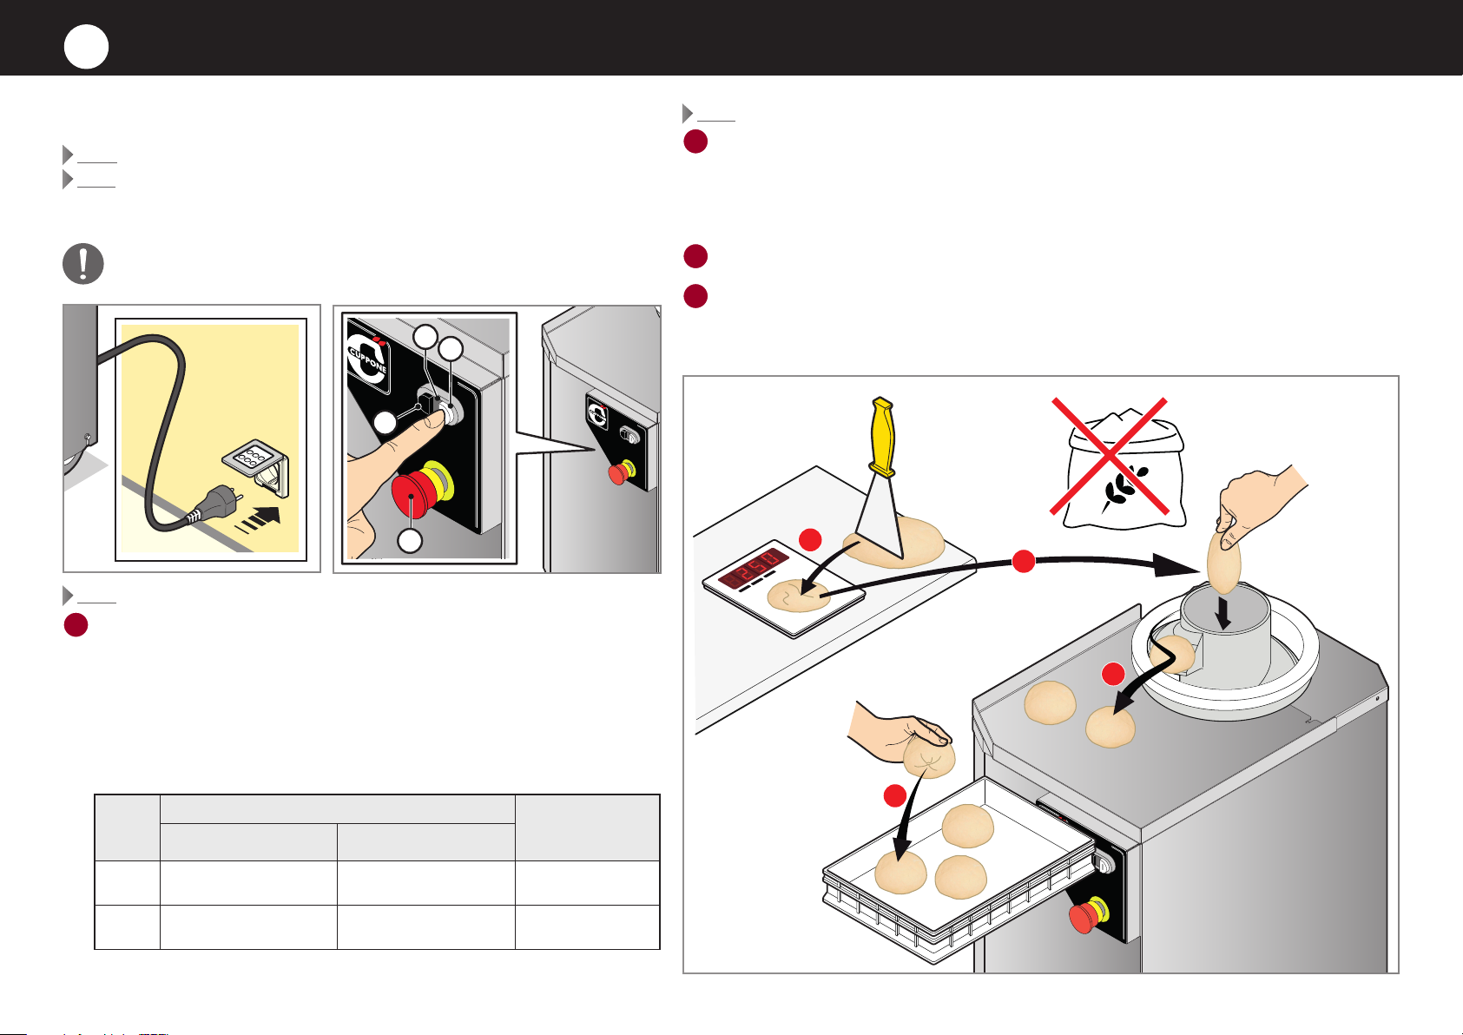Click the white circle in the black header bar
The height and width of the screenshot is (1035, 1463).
click(x=86, y=47)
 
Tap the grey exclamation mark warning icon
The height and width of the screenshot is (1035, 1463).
click(x=83, y=264)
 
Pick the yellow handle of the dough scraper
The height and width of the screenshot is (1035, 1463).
click(x=883, y=435)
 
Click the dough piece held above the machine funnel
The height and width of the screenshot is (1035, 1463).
click(x=1224, y=562)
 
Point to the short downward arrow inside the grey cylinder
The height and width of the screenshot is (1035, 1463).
click(x=1223, y=615)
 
